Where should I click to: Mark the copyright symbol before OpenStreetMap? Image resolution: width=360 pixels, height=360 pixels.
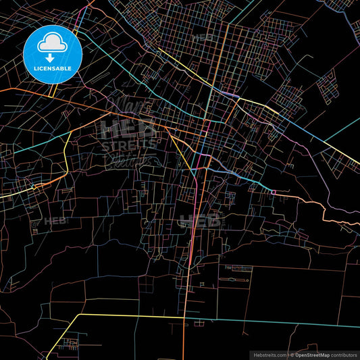tap(290, 354)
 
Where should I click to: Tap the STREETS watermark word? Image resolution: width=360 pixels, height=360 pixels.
tap(128, 144)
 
